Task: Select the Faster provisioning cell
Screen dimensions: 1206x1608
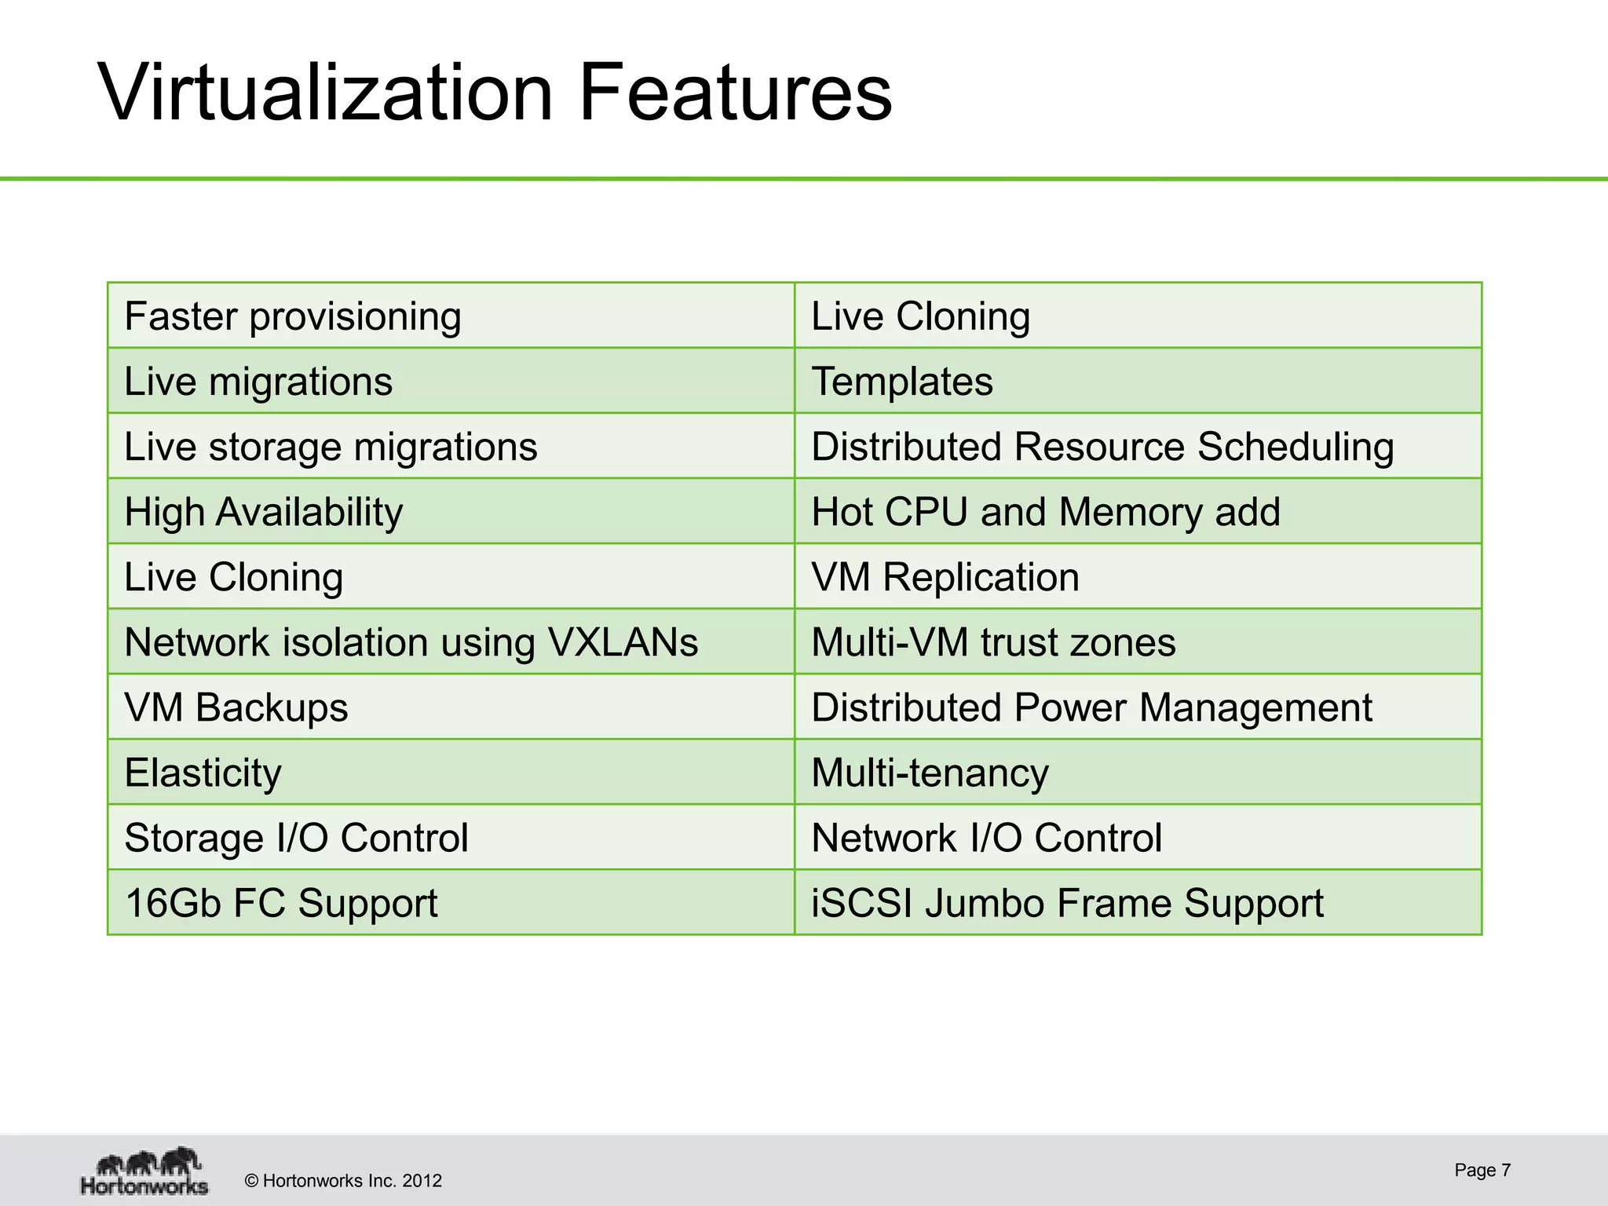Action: pos(293,316)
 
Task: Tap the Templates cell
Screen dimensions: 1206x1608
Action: pos(901,382)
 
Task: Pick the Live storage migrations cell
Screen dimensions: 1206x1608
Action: pos(331,447)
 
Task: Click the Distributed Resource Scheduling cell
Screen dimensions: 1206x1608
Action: pos(1102,447)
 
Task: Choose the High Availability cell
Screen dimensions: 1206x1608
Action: pos(264,512)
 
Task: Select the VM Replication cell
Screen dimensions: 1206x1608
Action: pos(945,577)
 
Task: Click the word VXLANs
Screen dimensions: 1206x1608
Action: pos(623,642)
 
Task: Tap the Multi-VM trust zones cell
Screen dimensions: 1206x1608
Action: pos(993,642)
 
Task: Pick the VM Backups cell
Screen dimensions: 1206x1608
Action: pos(236,707)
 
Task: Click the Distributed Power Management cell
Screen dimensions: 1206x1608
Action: pos(1091,707)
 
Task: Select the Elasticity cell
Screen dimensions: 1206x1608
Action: pos(203,773)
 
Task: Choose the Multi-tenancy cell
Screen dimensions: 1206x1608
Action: pos(930,773)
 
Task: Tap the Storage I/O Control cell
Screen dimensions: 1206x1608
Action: pos(296,838)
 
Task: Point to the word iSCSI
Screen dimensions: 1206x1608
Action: pos(861,903)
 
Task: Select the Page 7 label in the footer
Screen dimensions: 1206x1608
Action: pos(1482,1170)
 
